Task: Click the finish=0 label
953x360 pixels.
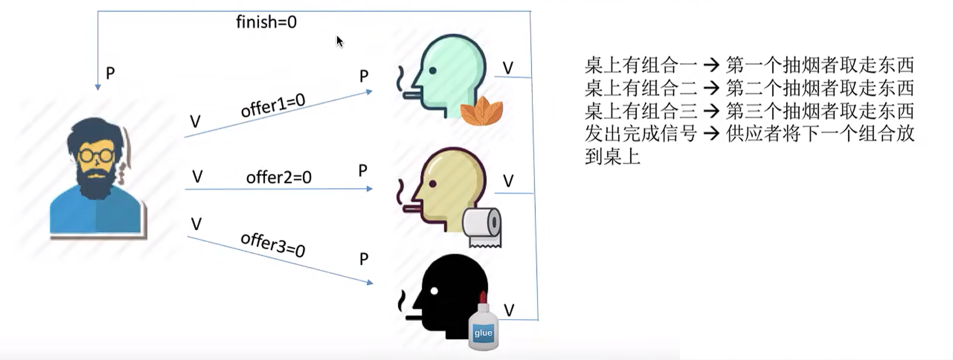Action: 266,22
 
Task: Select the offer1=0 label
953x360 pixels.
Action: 273,105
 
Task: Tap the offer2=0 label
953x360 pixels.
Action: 278,177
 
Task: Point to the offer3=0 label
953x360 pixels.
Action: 273,245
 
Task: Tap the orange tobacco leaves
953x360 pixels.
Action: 481,112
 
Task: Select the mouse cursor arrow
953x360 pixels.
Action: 339,41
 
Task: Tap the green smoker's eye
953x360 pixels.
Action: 433,70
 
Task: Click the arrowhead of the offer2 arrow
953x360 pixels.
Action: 370,188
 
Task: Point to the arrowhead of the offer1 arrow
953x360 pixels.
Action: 369,92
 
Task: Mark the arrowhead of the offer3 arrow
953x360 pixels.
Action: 370,283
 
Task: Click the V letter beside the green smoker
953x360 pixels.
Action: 508,68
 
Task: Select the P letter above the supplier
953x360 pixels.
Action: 110,73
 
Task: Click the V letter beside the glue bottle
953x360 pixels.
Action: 509,310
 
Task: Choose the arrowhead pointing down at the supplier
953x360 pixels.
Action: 98,87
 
